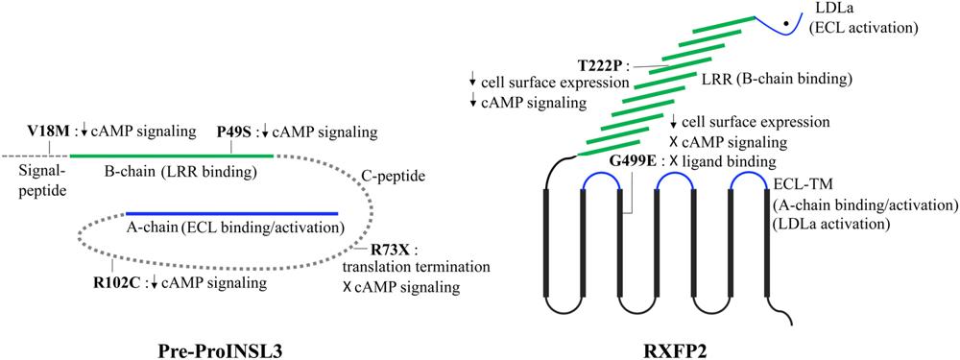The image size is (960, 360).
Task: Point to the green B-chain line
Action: (172, 156)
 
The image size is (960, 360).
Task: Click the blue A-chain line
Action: (232, 214)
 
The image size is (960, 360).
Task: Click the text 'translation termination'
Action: (417, 268)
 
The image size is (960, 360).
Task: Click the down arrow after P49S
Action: (265, 132)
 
